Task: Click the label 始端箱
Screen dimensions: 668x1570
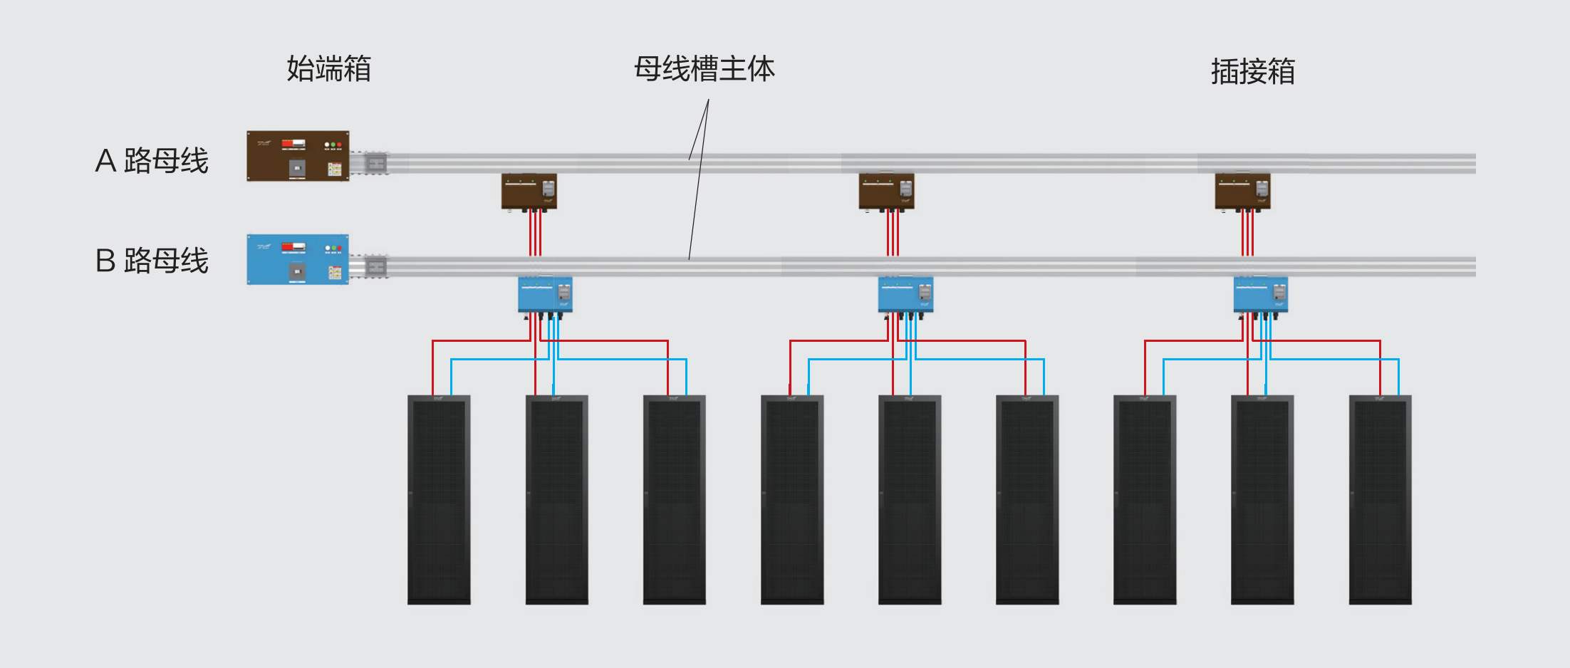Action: [x=328, y=69]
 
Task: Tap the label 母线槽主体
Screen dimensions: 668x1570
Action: [x=704, y=69]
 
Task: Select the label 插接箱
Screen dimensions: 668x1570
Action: [x=1252, y=72]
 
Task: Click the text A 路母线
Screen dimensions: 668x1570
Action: [x=152, y=160]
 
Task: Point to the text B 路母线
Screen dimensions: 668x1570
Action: [x=152, y=261]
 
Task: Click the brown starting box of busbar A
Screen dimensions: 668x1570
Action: [x=298, y=156]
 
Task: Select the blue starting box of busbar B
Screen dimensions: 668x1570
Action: [x=298, y=259]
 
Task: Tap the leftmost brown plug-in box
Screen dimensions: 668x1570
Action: [x=529, y=192]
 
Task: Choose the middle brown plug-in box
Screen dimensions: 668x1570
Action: [x=886, y=192]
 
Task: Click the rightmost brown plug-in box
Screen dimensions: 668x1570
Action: [x=1242, y=192]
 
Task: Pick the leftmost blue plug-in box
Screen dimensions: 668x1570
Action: [x=545, y=295]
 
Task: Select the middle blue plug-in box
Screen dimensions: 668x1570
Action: [x=905, y=295]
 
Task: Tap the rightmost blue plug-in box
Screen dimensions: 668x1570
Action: [x=1260, y=295]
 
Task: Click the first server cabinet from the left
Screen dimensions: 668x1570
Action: [x=439, y=500]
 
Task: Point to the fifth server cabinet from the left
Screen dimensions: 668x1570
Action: [x=910, y=500]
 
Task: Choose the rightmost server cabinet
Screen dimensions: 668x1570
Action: [x=1380, y=500]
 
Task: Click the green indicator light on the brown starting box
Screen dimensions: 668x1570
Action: [x=333, y=145]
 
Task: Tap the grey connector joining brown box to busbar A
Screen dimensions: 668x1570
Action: [x=375, y=164]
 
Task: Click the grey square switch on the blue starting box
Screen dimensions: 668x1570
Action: [x=297, y=271]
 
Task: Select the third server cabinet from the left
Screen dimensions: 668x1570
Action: [x=674, y=500]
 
